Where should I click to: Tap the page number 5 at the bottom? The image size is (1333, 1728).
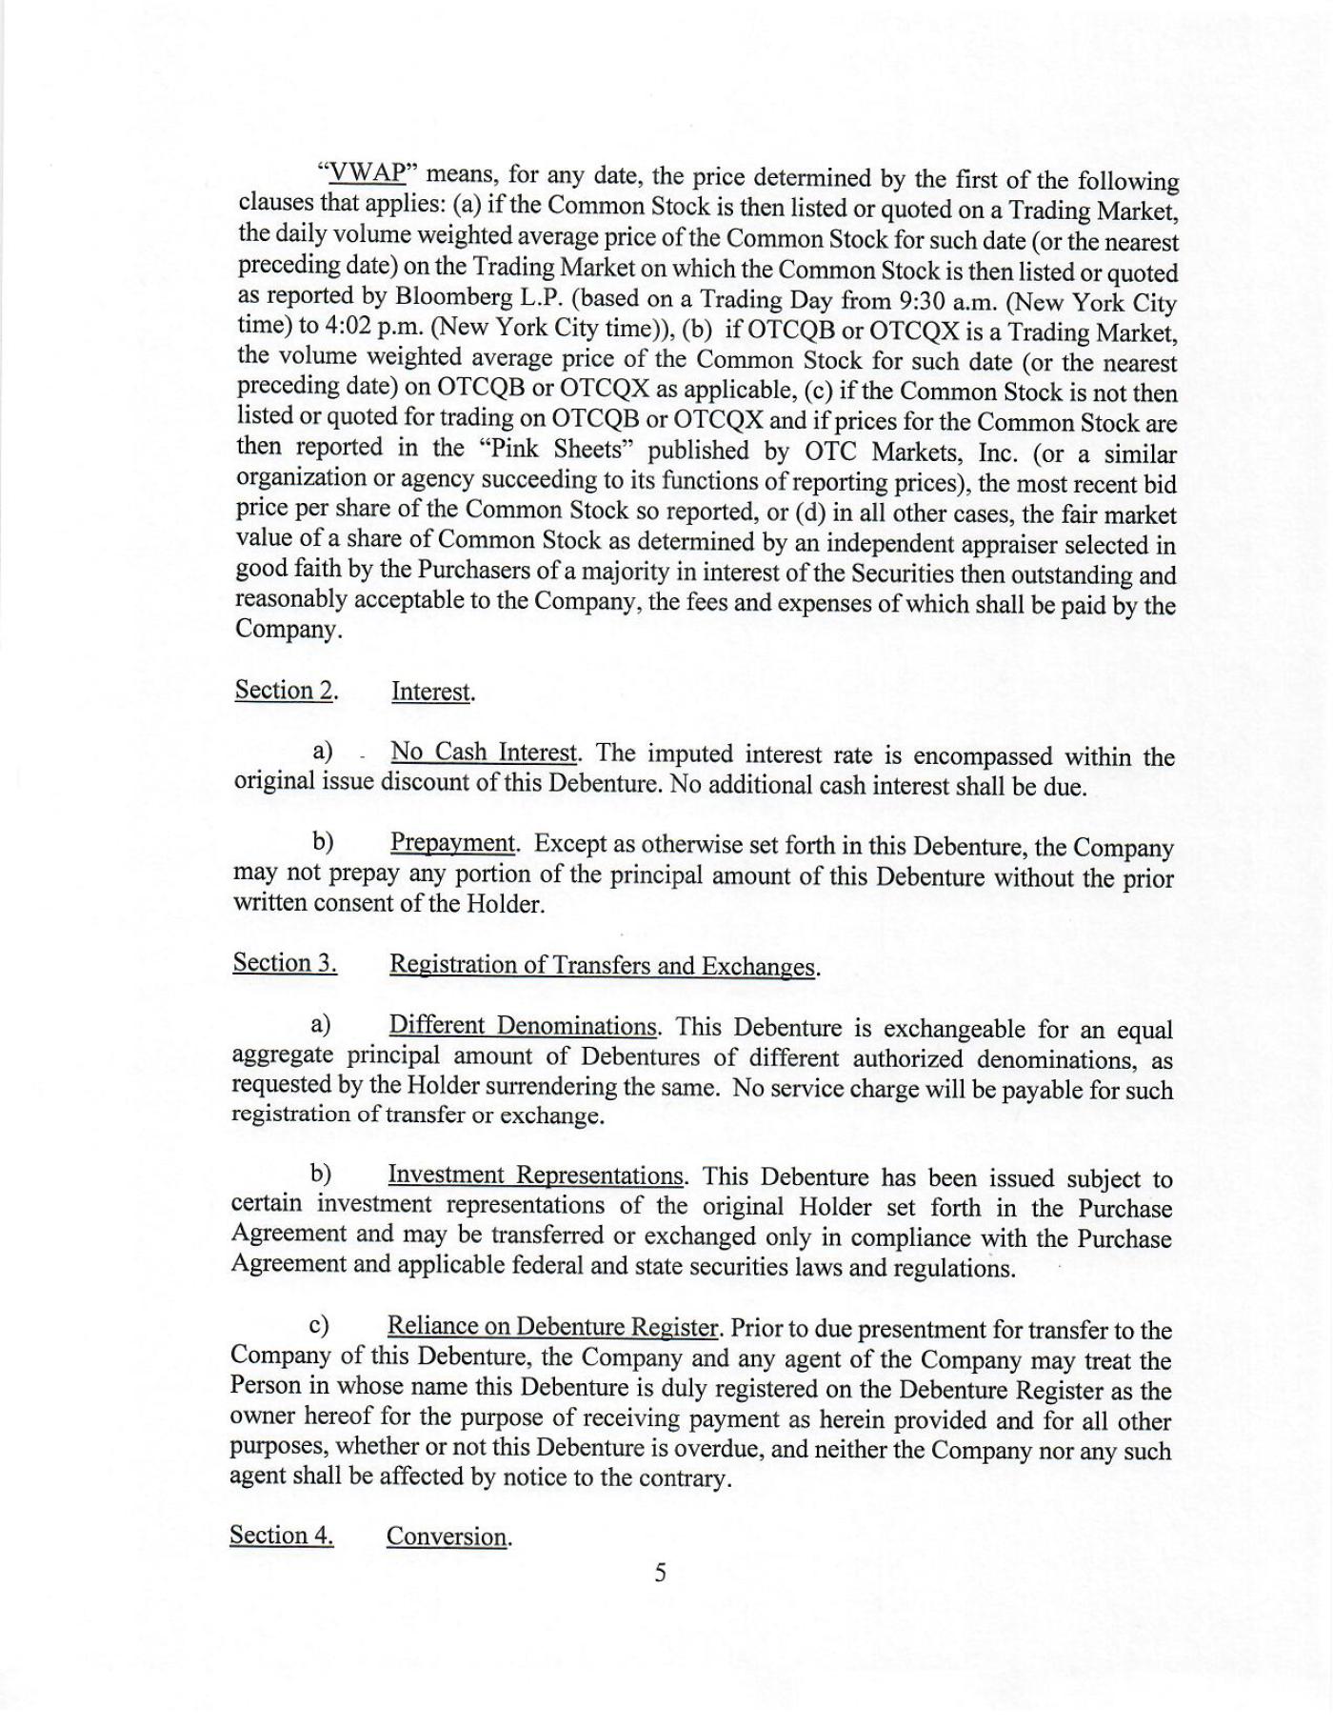[x=661, y=1572]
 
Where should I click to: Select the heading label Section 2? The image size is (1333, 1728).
[x=286, y=690]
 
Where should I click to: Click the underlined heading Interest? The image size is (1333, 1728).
[x=432, y=692]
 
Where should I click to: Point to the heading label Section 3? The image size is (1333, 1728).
[x=285, y=963]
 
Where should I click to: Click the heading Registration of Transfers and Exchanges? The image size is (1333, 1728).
[x=604, y=966]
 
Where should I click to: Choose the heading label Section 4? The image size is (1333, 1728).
[x=282, y=1535]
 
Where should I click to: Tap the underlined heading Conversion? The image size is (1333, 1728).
[x=447, y=1537]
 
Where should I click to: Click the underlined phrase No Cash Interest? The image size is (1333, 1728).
[x=484, y=753]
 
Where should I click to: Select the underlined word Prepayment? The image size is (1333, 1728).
[x=452, y=844]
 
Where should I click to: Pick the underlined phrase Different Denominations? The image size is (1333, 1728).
[x=523, y=1026]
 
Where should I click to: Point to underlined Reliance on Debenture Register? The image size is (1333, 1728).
[x=551, y=1327]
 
